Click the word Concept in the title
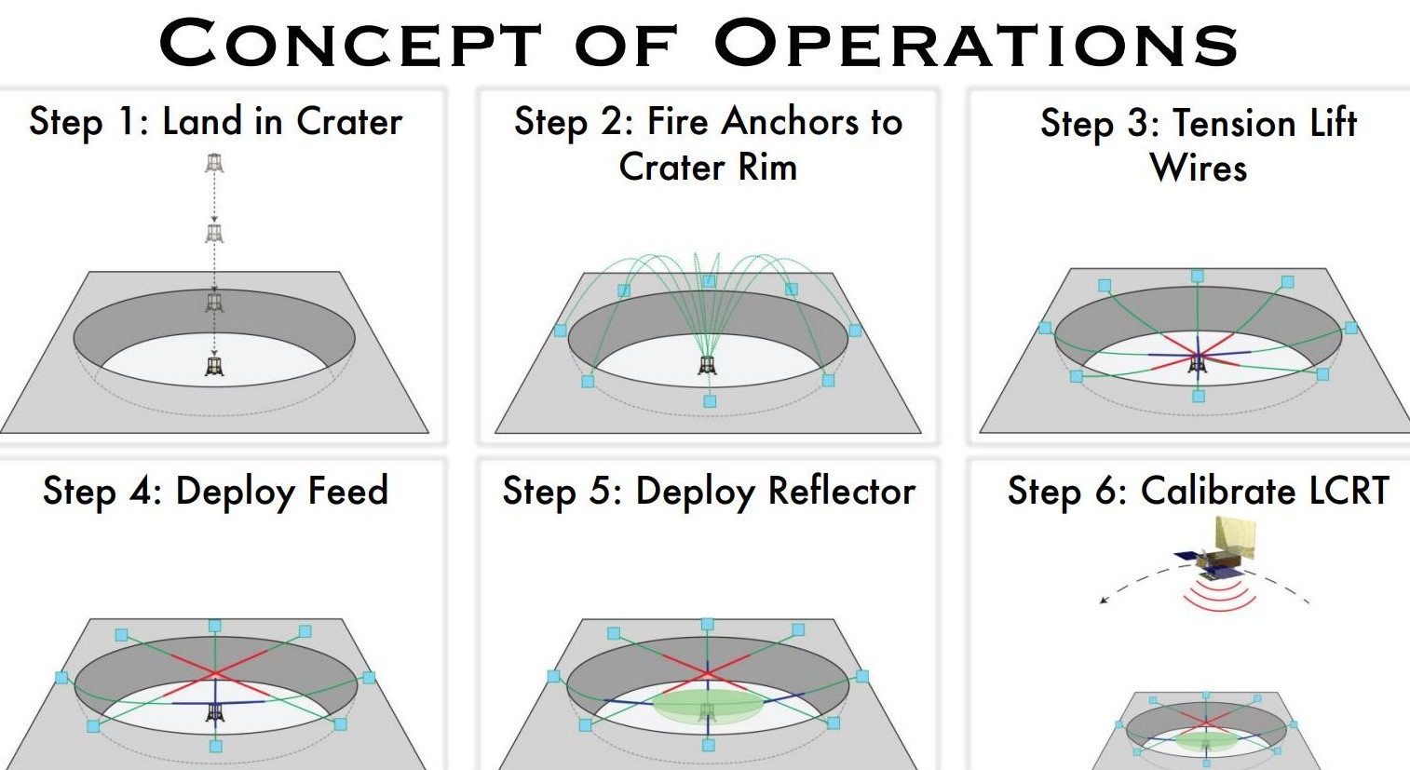(350, 44)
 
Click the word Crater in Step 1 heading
(349, 122)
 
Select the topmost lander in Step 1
(214, 164)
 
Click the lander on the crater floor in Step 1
(214, 366)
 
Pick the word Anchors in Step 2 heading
(791, 122)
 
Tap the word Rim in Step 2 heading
(767, 168)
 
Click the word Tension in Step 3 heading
(1234, 123)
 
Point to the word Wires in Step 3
(1199, 169)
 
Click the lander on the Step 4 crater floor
(215, 712)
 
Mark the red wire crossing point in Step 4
(215, 672)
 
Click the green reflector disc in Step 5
(706, 706)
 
